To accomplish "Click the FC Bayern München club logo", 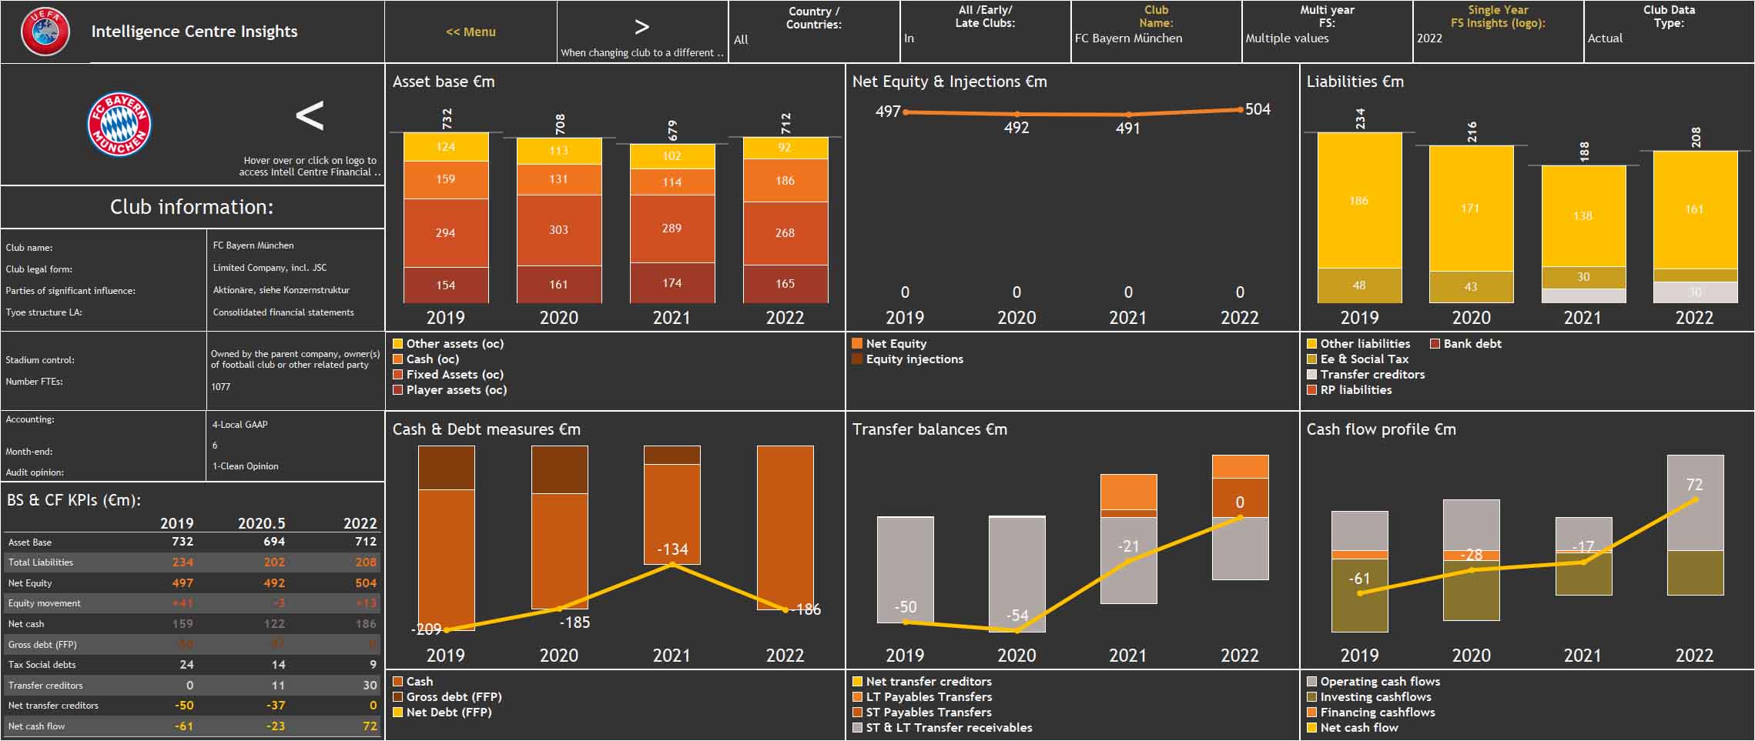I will pyautogui.click(x=119, y=125).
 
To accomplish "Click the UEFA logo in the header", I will pyautogui.click(x=45, y=32).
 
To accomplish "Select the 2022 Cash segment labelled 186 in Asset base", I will pyautogui.click(x=785, y=180).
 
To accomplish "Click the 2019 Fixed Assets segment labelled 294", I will pyautogui.click(x=445, y=232).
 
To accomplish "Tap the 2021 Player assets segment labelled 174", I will pyautogui.click(x=672, y=283).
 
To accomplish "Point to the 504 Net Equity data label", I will pyautogui.click(x=1258, y=109).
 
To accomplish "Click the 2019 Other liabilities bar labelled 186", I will pyautogui.click(x=1358, y=201).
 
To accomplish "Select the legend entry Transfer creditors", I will pyautogui.click(x=1372, y=375).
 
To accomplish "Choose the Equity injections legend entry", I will pyautogui.click(x=914, y=359).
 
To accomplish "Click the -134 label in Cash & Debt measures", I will pyautogui.click(x=672, y=549).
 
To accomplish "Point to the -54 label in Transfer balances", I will pyautogui.click(x=1016, y=616).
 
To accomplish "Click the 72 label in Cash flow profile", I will pyautogui.click(x=1694, y=485).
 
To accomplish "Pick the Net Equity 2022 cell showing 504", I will pyautogui.click(x=365, y=583).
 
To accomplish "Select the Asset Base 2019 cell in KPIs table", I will pyautogui.click(x=182, y=542).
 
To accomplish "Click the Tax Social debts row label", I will pyautogui.click(x=42, y=665).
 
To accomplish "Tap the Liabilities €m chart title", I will pyautogui.click(x=1355, y=82).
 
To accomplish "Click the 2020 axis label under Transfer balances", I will pyautogui.click(x=1016, y=656).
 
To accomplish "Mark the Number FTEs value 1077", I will pyautogui.click(x=221, y=387).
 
